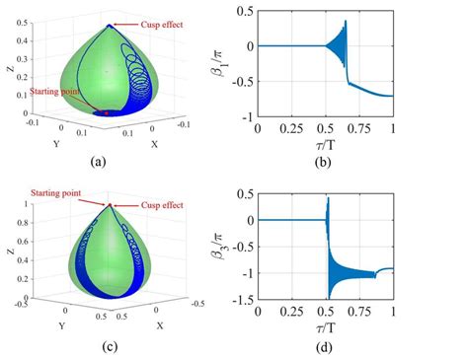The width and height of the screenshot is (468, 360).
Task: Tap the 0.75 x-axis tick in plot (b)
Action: click(358, 129)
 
